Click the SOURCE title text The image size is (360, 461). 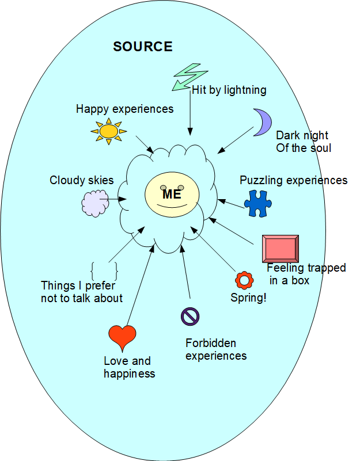[x=143, y=47]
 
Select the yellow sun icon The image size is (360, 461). [x=109, y=131]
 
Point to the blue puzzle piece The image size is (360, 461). [x=258, y=204]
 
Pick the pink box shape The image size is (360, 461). [x=281, y=249]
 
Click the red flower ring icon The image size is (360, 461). [x=244, y=280]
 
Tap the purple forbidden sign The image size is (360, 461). [x=190, y=317]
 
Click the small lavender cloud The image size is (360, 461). [x=95, y=204]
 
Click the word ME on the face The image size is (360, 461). [x=172, y=194]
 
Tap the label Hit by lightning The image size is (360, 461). [x=229, y=90]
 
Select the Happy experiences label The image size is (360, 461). [x=125, y=109]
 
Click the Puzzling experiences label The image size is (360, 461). [x=294, y=180]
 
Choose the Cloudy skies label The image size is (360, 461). [x=82, y=180]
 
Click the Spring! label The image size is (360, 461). [x=248, y=298]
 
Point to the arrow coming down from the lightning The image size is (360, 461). [x=190, y=113]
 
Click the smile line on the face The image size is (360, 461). [x=172, y=206]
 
